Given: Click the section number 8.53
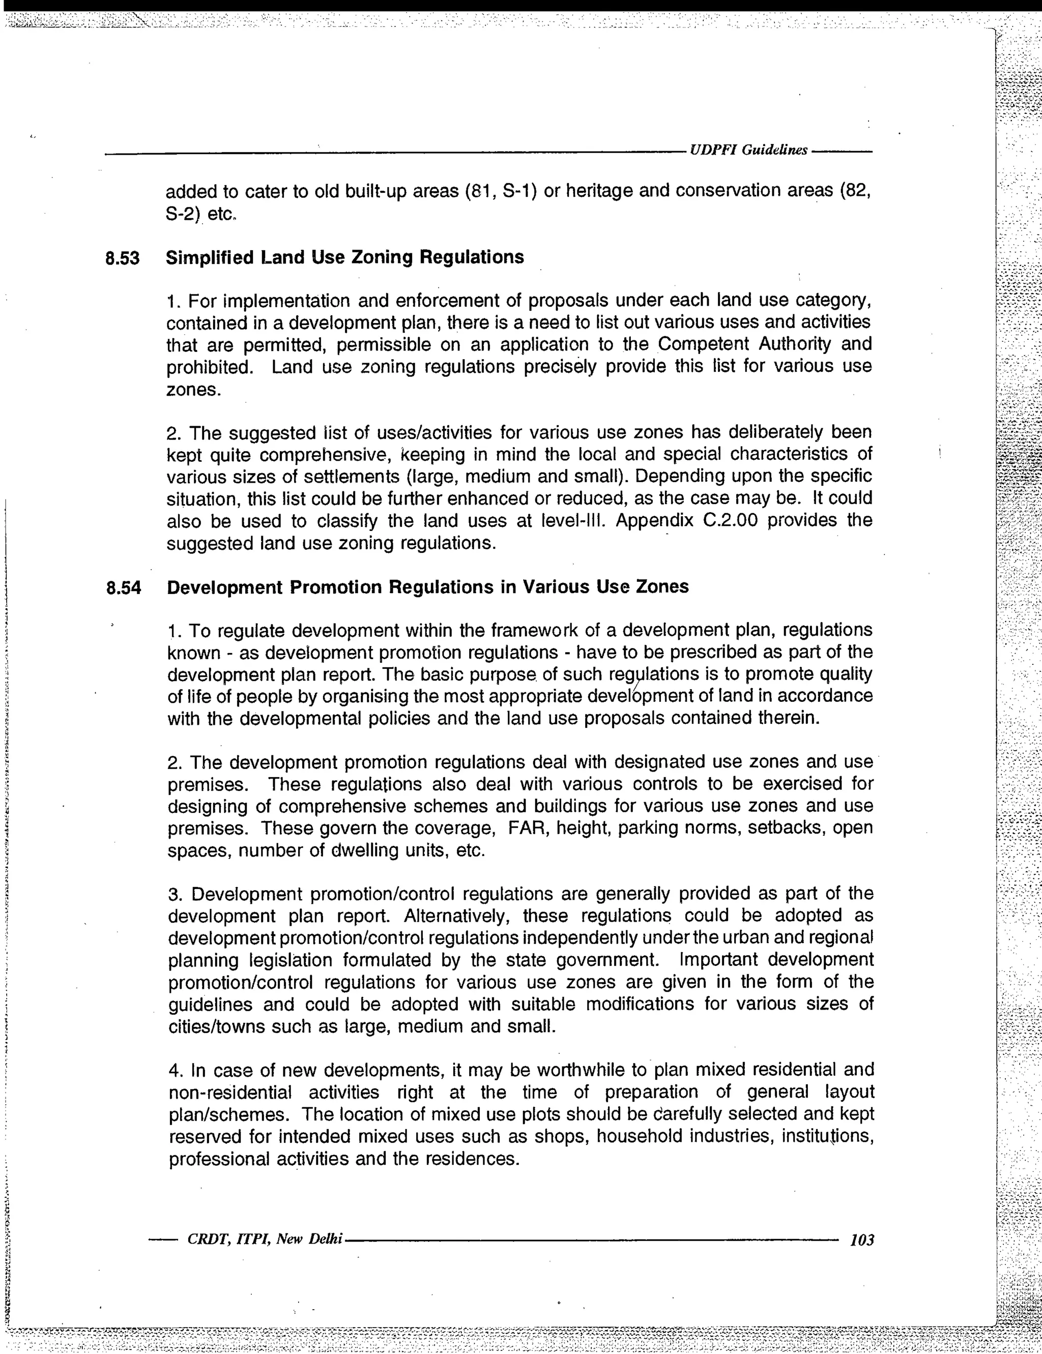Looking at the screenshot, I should (x=122, y=257).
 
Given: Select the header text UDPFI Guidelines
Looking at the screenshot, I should (x=748, y=150).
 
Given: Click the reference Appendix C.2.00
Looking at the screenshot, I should (x=691, y=520).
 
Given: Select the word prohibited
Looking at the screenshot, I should (x=209, y=366).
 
